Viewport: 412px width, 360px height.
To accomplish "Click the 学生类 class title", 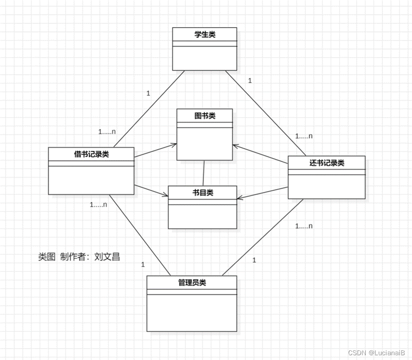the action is click(x=205, y=34).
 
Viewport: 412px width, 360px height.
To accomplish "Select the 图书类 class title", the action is click(x=205, y=116).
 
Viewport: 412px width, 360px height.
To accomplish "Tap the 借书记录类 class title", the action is click(x=91, y=154).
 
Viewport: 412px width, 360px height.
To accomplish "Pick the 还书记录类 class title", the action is click(x=327, y=163).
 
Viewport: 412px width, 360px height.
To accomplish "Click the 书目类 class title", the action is click(x=202, y=192).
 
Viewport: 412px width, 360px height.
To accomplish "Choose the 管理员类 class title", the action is click(x=191, y=282).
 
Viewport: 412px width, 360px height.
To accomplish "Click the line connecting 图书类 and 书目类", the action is click(x=204, y=173).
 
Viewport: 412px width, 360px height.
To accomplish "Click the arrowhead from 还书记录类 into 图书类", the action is click(x=235, y=146).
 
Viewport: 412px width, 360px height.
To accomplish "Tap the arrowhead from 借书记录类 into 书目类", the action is click(x=166, y=194).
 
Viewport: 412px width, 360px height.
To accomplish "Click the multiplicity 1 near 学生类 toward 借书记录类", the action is click(x=148, y=93).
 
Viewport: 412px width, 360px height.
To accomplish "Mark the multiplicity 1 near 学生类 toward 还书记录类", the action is click(x=250, y=81).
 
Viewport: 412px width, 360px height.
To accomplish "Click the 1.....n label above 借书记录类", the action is click(x=107, y=132).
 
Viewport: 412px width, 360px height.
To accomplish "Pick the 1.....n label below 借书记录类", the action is click(x=98, y=205).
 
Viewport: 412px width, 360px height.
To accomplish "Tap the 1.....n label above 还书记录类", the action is click(x=304, y=136).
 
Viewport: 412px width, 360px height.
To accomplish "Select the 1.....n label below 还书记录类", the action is click(x=304, y=226).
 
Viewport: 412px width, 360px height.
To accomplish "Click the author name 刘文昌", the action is click(x=107, y=257).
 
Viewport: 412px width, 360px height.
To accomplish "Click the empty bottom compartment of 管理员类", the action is click(x=191, y=312).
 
